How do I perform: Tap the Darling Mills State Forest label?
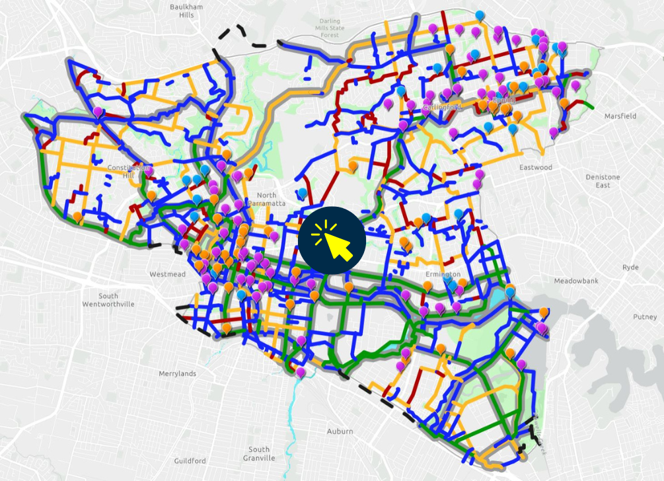click(x=330, y=28)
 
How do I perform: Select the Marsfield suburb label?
click(x=620, y=116)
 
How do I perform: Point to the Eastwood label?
click(x=535, y=167)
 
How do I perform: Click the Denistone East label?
click(x=603, y=181)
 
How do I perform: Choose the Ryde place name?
click(x=630, y=268)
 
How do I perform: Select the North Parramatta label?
click(x=267, y=199)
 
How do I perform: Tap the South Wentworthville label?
click(x=108, y=300)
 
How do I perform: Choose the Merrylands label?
click(x=178, y=373)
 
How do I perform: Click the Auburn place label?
click(x=340, y=431)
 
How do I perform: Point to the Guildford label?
click(x=190, y=461)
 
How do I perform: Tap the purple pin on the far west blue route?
click(x=98, y=112)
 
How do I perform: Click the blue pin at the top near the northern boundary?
click(x=479, y=15)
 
